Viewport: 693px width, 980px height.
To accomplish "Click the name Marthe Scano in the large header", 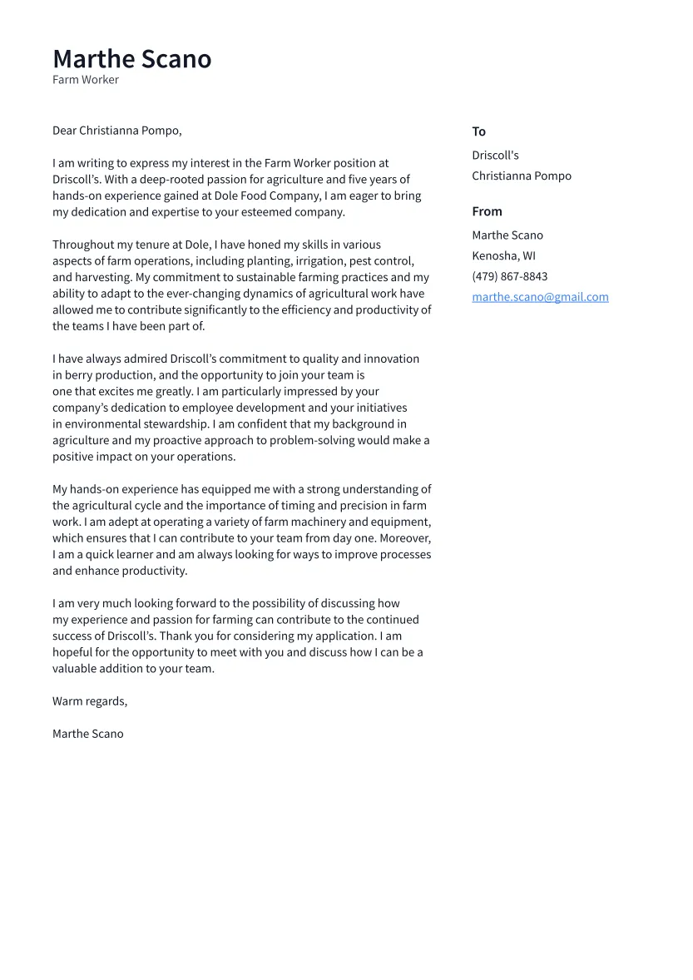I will (x=131, y=59).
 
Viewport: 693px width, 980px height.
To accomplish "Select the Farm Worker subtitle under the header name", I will (x=86, y=80).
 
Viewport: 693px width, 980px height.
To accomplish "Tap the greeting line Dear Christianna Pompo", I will (x=116, y=131).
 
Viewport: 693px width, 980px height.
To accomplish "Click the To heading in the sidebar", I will (x=478, y=131).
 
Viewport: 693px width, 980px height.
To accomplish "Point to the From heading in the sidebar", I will (x=487, y=211).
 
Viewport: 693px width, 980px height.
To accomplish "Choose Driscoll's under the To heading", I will (x=495, y=156).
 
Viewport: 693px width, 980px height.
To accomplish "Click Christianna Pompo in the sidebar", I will (x=522, y=176).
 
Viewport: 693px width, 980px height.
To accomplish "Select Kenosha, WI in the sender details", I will (x=503, y=256).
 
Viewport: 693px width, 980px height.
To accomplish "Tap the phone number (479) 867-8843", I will (x=509, y=277).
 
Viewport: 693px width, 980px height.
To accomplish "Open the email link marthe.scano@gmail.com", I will (x=540, y=297).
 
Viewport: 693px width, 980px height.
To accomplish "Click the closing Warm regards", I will (x=90, y=701).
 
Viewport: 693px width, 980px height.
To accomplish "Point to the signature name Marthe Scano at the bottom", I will (x=87, y=734).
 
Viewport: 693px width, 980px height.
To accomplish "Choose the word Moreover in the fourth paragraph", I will (x=405, y=538).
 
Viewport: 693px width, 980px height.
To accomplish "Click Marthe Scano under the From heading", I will (x=507, y=235).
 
